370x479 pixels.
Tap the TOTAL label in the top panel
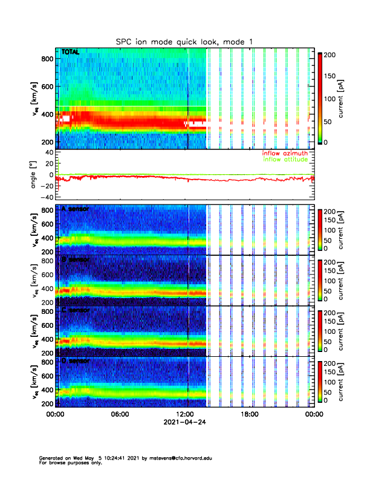(70, 53)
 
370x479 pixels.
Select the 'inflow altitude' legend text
(288, 160)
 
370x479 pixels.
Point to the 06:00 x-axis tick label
(120, 414)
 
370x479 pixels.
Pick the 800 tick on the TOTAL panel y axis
(47, 58)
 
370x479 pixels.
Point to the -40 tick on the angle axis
(47, 197)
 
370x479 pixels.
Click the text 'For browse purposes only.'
(70, 463)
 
